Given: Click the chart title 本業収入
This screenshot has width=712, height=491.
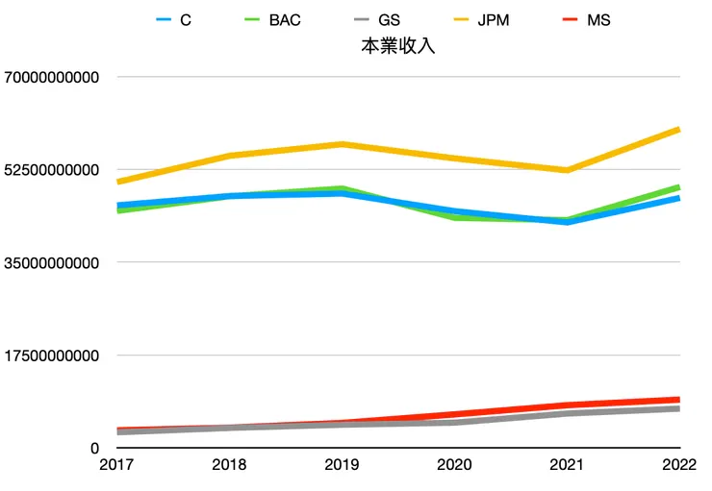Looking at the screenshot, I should tap(396, 45).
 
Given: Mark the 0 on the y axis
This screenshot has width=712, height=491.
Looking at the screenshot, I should tap(95, 448).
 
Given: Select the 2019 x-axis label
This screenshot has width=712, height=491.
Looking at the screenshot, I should tap(343, 466).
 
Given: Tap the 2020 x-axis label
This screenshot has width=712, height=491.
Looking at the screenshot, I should tap(455, 466).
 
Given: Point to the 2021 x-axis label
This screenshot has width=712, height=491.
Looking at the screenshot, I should tap(567, 466).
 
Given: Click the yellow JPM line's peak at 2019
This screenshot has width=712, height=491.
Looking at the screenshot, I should tap(343, 144).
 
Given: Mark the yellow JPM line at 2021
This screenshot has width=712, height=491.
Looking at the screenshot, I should tap(567, 170).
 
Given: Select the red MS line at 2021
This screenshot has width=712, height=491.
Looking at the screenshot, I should tap(567, 405).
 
